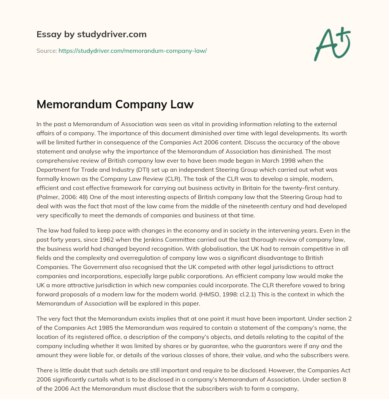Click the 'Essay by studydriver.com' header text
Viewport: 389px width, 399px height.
pos(91,34)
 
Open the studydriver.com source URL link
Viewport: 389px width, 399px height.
pos(132,51)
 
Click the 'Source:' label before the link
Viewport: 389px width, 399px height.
pos(46,51)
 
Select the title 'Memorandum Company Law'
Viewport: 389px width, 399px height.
pos(115,104)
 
